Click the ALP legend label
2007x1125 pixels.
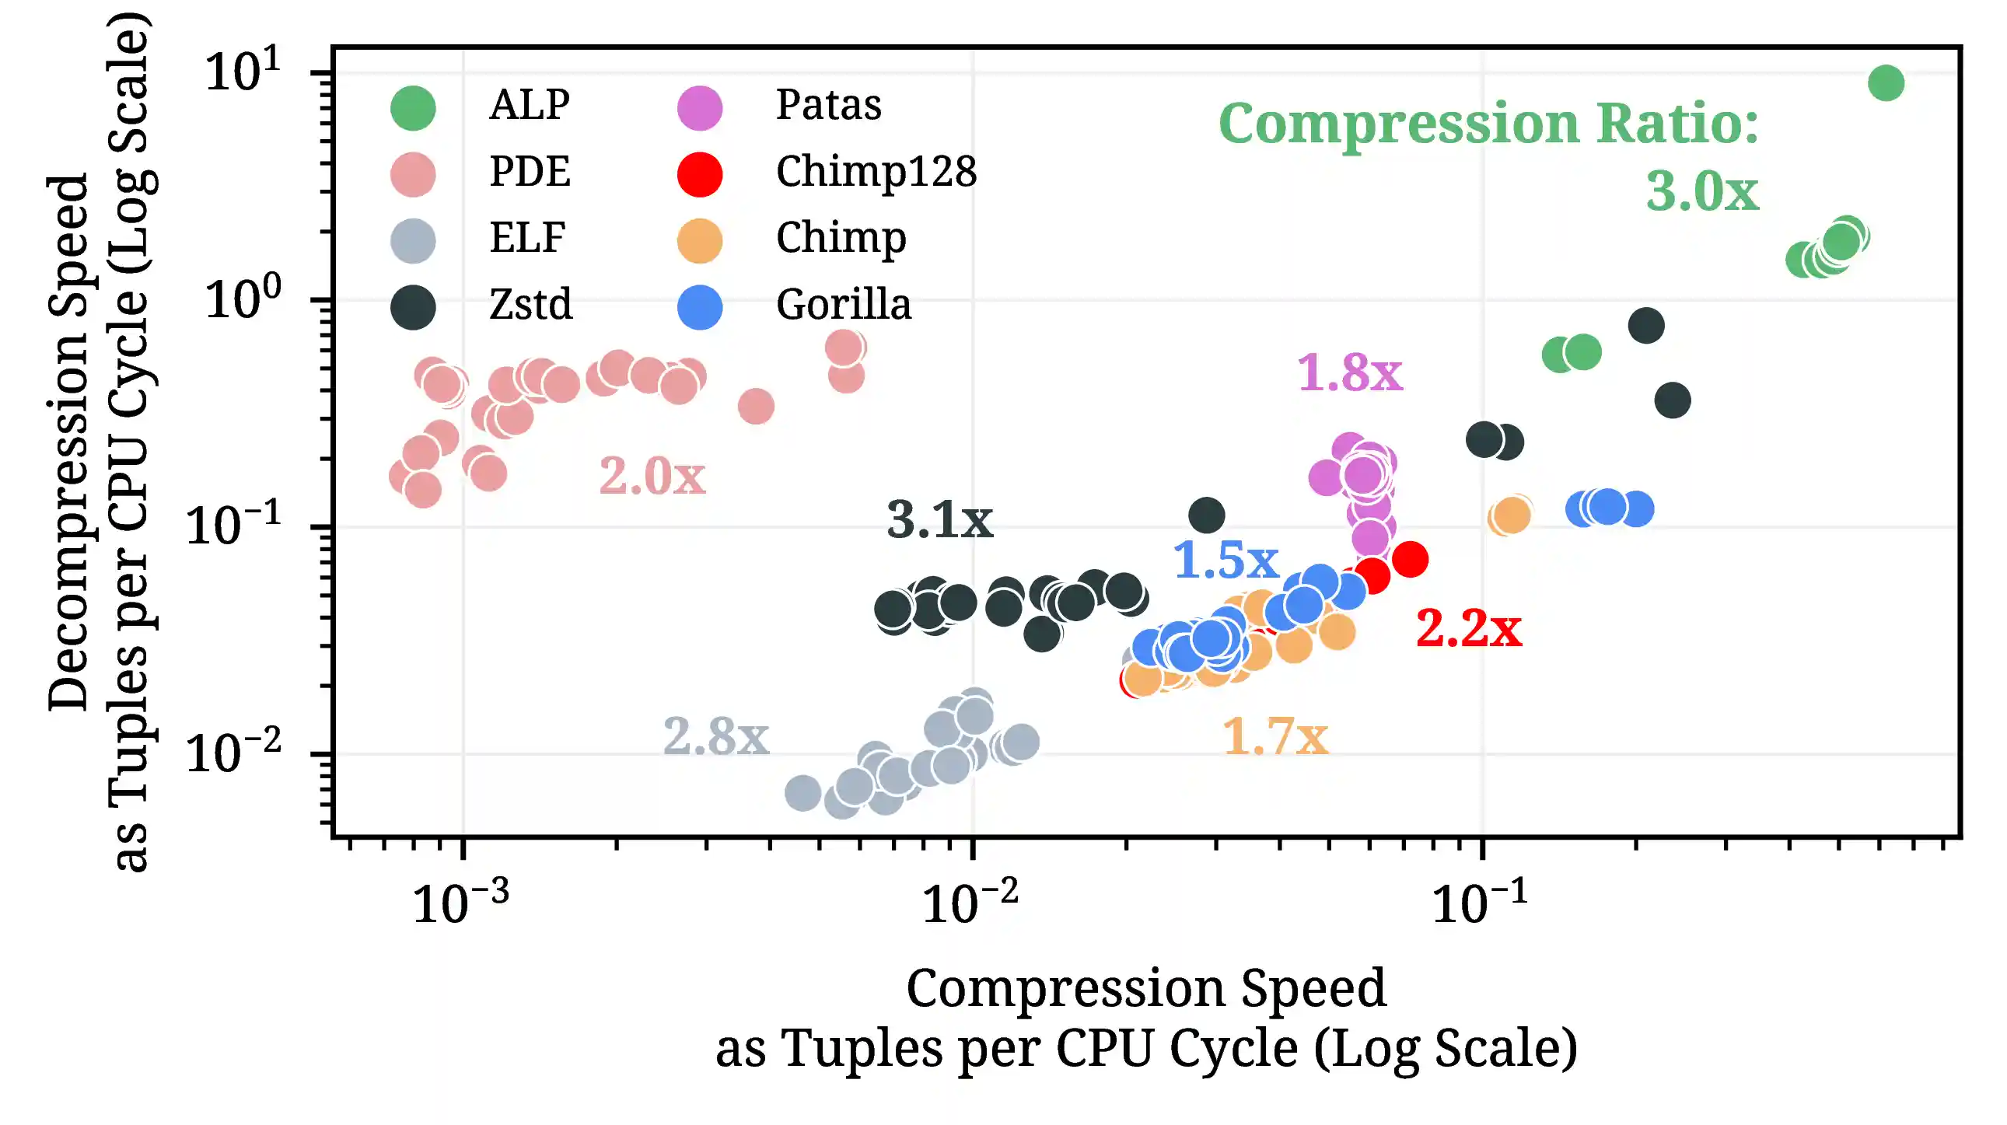tap(529, 104)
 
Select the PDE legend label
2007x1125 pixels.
tap(529, 171)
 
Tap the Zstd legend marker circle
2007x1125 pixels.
tap(413, 307)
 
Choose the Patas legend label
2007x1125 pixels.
tap(828, 104)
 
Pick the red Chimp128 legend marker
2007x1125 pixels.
tap(700, 173)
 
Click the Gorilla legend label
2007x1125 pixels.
tap(843, 305)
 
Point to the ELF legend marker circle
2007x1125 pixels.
tap(413, 240)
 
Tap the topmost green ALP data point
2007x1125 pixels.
tap(1886, 82)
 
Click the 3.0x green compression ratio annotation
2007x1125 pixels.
tap(1701, 192)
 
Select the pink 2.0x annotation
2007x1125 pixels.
tap(652, 476)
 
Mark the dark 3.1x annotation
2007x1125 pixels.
tap(939, 519)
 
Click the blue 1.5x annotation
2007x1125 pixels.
tap(1226, 560)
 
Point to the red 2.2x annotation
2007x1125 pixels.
tap(1468, 628)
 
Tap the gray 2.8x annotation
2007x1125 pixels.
tap(715, 736)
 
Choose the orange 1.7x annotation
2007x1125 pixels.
tap(1274, 736)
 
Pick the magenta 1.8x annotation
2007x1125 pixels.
tap(1349, 372)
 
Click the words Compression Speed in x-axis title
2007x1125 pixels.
tap(1146, 988)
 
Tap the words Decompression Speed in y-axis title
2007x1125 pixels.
tap(68, 442)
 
